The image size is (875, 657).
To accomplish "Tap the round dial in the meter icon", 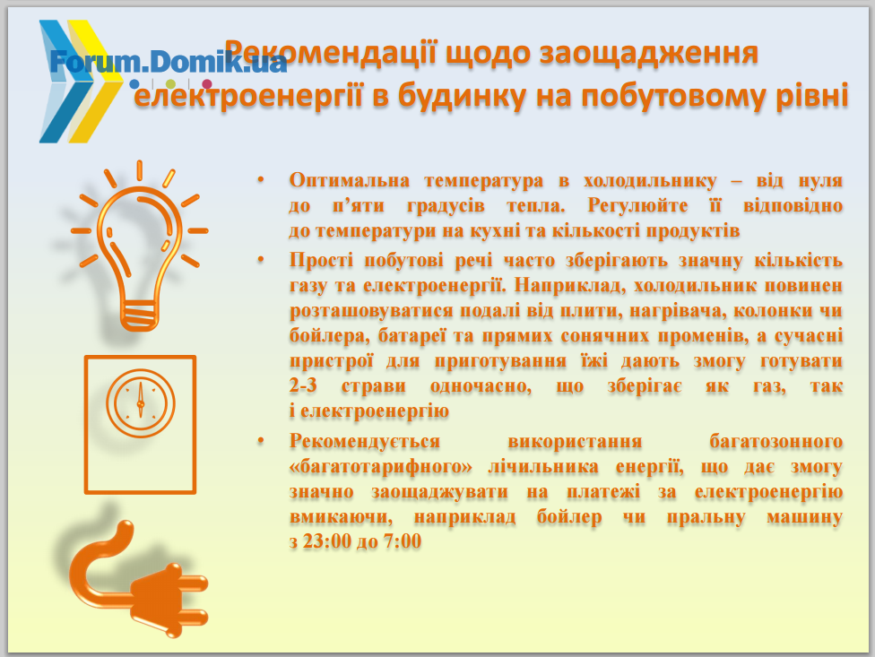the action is pyautogui.click(x=141, y=402).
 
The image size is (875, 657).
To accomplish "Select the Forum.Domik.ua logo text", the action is pyautogui.click(x=168, y=61).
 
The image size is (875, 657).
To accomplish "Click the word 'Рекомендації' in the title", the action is pyautogui.click(x=330, y=54).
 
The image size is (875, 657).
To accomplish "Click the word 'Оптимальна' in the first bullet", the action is pyautogui.click(x=350, y=181).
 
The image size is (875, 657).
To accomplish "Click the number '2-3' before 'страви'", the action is pyautogui.click(x=303, y=385).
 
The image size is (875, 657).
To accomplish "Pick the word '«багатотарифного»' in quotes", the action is pyautogui.click(x=381, y=467).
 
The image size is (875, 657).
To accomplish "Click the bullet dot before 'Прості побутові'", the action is pyautogui.click(x=260, y=260).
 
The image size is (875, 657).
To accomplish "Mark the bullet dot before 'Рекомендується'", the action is pyautogui.click(x=260, y=441).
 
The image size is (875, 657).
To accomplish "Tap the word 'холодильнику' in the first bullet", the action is pyautogui.click(x=650, y=182).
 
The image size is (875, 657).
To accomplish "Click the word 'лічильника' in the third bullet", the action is pyautogui.click(x=543, y=466).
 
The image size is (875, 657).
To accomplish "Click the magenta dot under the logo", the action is pyautogui.click(x=207, y=84).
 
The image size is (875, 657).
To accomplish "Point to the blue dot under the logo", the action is pyautogui.click(x=134, y=84).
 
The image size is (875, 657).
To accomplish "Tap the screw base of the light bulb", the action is pyautogui.click(x=139, y=316).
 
